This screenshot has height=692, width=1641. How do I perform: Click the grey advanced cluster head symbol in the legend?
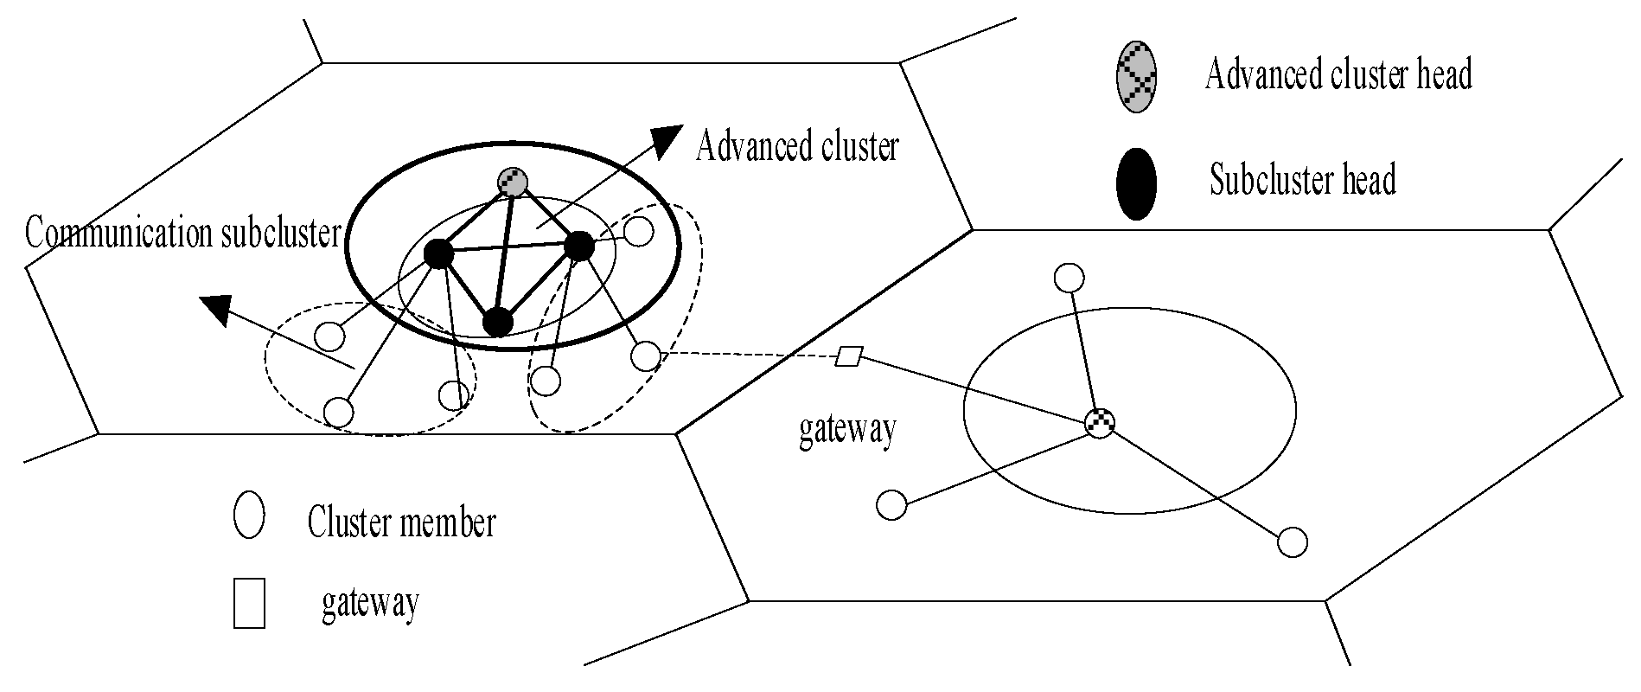point(1136,76)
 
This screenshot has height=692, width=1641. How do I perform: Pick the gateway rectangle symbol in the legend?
point(249,604)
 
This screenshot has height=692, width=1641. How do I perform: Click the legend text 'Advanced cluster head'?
point(1338,74)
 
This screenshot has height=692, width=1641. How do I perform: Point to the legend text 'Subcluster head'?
point(1302,182)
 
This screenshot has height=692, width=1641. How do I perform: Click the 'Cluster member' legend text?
point(401,522)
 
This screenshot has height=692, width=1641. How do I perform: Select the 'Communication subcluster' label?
point(182,233)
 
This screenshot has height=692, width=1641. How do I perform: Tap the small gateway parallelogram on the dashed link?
point(849,356)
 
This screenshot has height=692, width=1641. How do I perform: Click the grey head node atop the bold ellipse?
point(513,182)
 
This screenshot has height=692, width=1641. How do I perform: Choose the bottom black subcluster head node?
point(497,322)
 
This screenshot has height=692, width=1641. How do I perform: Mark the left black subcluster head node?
point(438,253)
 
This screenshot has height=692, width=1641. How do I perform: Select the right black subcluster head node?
point(578,247)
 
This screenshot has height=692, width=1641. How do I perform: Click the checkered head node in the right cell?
point(1099,423)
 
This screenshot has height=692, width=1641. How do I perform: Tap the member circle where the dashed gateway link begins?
point(646,355)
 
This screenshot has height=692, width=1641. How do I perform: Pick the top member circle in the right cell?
point(1069,279)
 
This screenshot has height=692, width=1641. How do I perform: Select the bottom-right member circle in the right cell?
point(1292,542)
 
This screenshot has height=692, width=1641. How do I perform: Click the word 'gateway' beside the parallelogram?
point(846,430)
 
